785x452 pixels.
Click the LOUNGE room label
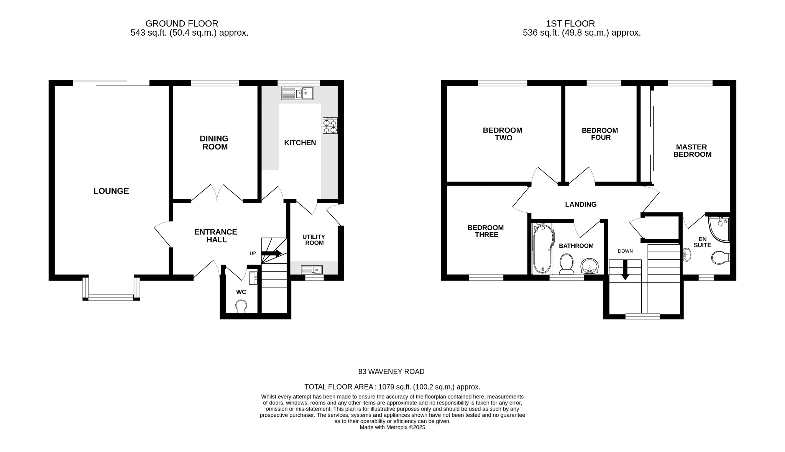(x=111, y=191)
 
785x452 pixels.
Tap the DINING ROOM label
(x=214, y=143)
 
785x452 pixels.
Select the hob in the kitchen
(x=330, y=125)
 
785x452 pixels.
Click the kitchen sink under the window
(x=297, y=93)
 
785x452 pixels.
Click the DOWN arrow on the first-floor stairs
(x=625, y=270)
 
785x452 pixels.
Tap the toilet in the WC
(x=241, y=306)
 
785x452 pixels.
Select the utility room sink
(x=312, y=270)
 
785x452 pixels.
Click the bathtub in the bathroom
(x=542, y=249)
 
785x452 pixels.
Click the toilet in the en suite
(x=720, y=258)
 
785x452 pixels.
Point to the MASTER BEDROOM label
(x=692, y=151)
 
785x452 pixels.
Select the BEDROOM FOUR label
(x=600, y=134)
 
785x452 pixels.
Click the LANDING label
(x=581, y=204)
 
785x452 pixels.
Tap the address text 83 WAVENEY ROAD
(x=391, y=371)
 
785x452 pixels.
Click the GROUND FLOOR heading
(x=182, y=24)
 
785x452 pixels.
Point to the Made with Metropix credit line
(x=392, y=427)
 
